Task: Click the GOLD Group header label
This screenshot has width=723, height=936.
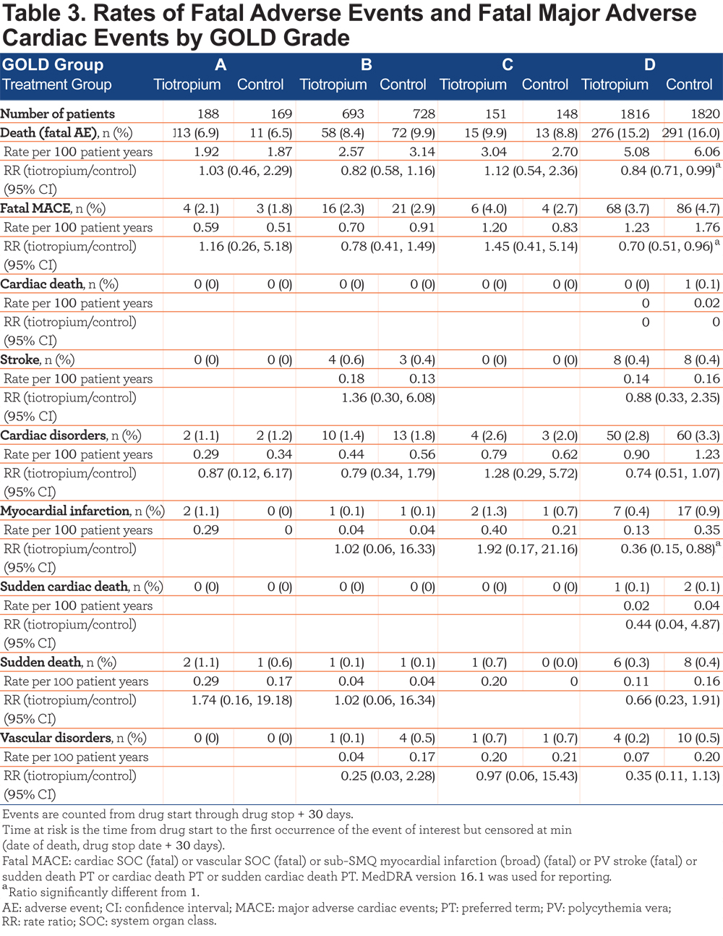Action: click(x=53, y=64)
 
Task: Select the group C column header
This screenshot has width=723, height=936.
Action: click(x=508, y=64)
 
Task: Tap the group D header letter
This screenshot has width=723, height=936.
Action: click(x=649, y=64)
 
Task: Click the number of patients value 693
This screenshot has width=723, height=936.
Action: click(x=353, y=114)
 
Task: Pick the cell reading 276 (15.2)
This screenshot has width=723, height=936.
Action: click(x=620, y=132)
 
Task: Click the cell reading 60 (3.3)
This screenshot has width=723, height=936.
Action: click(x=698, y=435)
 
